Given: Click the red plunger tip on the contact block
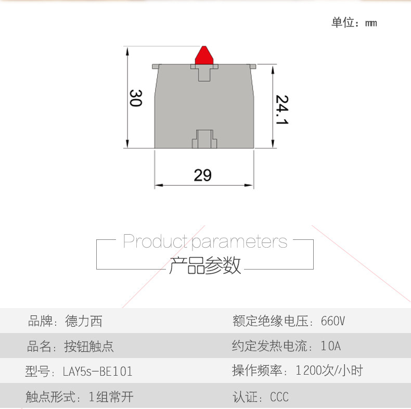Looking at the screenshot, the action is (205, 55).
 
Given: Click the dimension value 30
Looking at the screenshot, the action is (135, 98).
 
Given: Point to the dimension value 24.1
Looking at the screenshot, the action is (282, 109).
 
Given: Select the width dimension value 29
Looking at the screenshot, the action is (202, 175).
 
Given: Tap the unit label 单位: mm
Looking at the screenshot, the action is (354, 23).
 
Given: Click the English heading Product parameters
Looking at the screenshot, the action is (205, 241).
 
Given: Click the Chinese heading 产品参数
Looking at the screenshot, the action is (205, 265).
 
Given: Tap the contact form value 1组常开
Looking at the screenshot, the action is (111, 398).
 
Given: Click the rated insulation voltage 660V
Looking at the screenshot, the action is (333, 321).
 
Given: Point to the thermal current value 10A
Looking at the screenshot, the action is (331, 346).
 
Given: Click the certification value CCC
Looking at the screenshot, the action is (279, 398).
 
